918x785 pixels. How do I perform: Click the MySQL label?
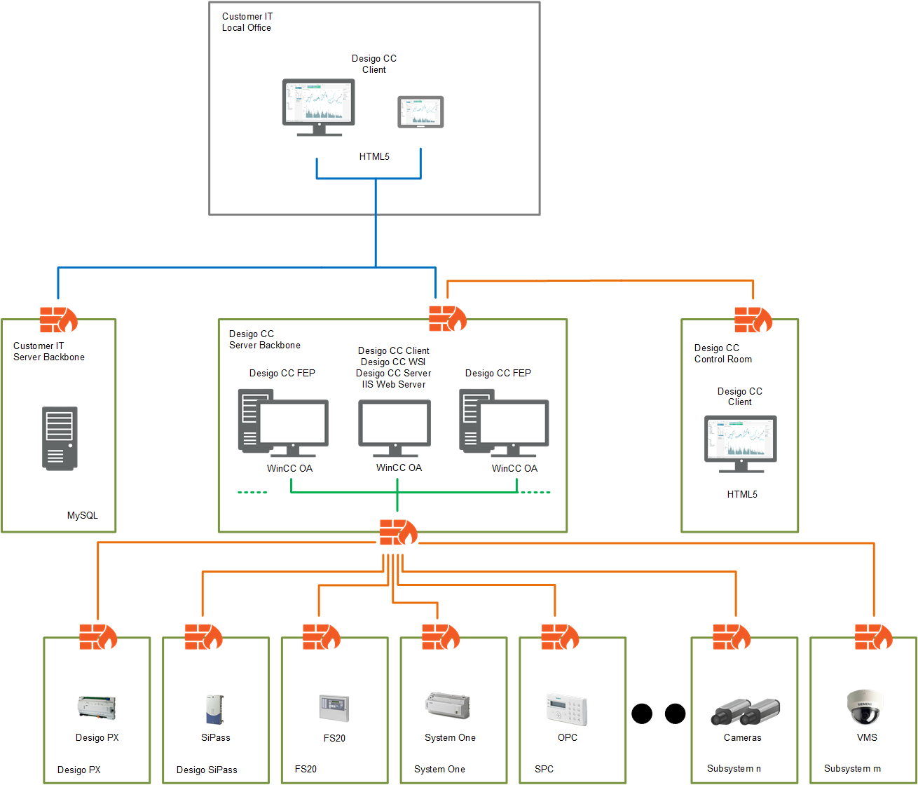pyautogui.click(x=83, y=515)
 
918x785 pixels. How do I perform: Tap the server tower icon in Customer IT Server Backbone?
pyautogui.click(x=60, y=438)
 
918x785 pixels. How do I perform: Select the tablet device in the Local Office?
pyautogui.click(x=420, y=112)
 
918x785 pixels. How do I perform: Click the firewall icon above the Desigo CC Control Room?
pyautogui.click(x=753, y=320)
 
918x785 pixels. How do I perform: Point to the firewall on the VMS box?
pyautogui.click(x=873, y=637)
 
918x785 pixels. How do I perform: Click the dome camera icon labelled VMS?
pyautogui.click(x=864, y=706)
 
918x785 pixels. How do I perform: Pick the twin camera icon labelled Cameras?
pyautogui.click(x=745, y=712)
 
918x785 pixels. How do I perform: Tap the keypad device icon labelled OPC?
pyautogui.click(x=566, y=709)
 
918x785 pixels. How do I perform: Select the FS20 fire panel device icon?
pyautogui.click(x=334, y=709)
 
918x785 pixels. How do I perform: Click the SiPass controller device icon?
pyautogui.click(x=214, y=709)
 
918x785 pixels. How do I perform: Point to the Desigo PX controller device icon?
pyautogui.click(x=97, y=707)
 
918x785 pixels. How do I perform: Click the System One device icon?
pyautogui.click(x=447, y=705)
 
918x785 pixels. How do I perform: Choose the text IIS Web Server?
pyautogui.click(x=394, y=384)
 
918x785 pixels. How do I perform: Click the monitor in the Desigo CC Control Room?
pyautogui.click(x=740, y=443)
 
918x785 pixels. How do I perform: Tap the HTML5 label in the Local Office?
pyautogui.click(x=374, y=156)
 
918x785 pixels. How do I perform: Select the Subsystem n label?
pyautogui.click(x=734, y=768)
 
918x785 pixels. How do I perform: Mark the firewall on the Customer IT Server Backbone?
pyautogui.click(x=58, y=320)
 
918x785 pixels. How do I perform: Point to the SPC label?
pyautogui.click(x=544, y=769)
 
